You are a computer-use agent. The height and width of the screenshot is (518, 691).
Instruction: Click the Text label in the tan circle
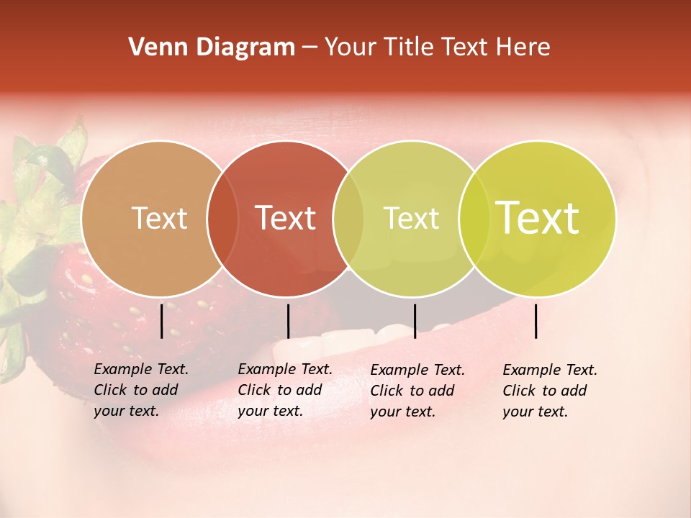click(x=159, y=218)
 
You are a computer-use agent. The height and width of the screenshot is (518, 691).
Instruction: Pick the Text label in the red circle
click(x=286, y=218)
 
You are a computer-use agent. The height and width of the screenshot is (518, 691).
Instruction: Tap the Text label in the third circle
click(x=411, y=218)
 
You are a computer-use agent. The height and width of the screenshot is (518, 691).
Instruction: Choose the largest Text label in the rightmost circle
click(x=538, y=218)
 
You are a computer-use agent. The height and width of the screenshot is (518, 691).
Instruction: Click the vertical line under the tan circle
click(x=162, y=320)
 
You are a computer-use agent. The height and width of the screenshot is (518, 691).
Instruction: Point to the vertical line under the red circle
click(x=288, y=320)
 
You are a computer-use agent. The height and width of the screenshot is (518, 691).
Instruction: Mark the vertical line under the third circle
click(x=415, y=320)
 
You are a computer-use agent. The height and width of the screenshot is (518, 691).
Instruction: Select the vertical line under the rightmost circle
click(x=536, y=320)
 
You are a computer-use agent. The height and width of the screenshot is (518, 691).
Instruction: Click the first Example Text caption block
click(x=140, y=390)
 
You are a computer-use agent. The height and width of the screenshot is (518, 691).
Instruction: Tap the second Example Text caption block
click(x=284, y=390)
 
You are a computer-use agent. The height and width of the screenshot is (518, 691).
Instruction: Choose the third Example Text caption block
click(x=417, y=391)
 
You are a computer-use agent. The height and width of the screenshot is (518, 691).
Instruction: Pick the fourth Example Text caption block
click(x=549, y=391)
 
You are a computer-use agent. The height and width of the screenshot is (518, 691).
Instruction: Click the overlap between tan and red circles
click(x=222, y=218)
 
